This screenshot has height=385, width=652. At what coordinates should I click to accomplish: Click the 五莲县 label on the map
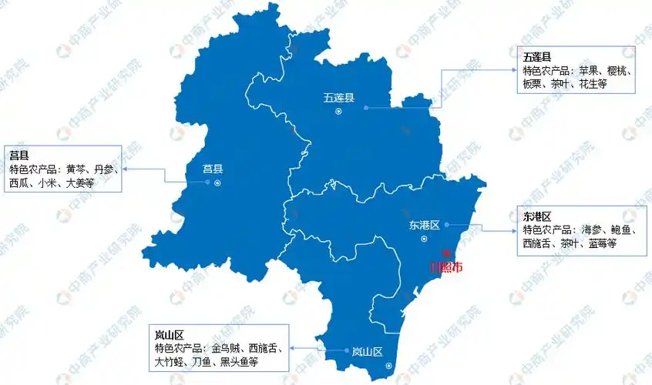coord(338,98)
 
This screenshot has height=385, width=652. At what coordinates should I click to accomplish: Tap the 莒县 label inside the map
coord(213,169)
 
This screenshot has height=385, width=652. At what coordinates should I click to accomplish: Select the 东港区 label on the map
coord(424,226)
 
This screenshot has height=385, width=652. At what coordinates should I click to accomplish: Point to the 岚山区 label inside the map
coord(367,351)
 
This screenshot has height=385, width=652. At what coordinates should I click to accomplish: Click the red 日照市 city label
coord(446,268)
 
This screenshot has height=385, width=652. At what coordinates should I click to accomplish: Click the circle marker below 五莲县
coord(338,112)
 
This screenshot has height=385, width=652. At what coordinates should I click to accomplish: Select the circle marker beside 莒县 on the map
coord(217,182)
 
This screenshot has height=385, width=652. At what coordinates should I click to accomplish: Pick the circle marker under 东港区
coord(423,239)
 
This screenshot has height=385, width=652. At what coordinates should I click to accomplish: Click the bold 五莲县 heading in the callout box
coord(536,58)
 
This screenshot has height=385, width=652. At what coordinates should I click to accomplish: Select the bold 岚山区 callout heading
coord(168,335)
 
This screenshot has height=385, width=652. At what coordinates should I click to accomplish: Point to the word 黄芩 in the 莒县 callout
coord(76,169)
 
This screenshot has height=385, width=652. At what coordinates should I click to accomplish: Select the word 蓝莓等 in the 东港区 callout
coord(600,243)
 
